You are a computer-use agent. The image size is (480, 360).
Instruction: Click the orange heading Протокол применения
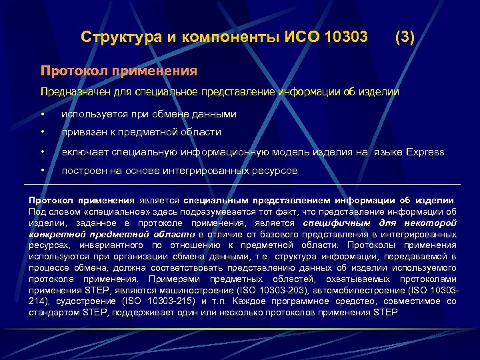pyautogui.click(x=119, y=70)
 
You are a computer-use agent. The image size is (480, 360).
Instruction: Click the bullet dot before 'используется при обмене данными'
pyautogui.click(x=43, y=115)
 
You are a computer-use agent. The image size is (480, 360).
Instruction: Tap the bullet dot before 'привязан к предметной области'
pyautogui.click(x=43, y=133)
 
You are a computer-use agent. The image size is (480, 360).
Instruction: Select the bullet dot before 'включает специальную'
pyautogui.click(x=43, y=153)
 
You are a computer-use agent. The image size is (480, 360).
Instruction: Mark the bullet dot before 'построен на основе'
pyautogui.click(x=43, y=171)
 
